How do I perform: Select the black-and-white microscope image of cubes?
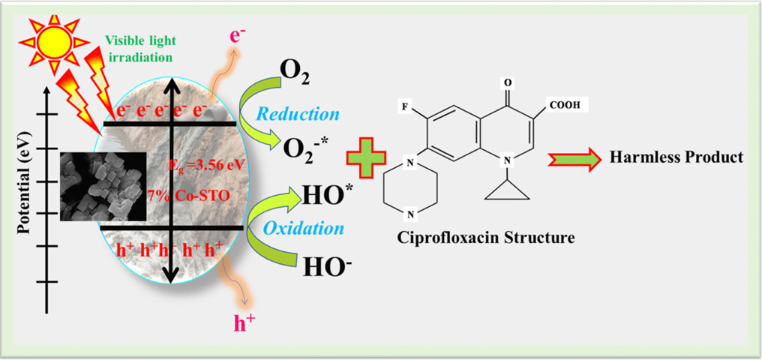click(x=103, y=184)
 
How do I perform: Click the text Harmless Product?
click(x=676, y=157)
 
